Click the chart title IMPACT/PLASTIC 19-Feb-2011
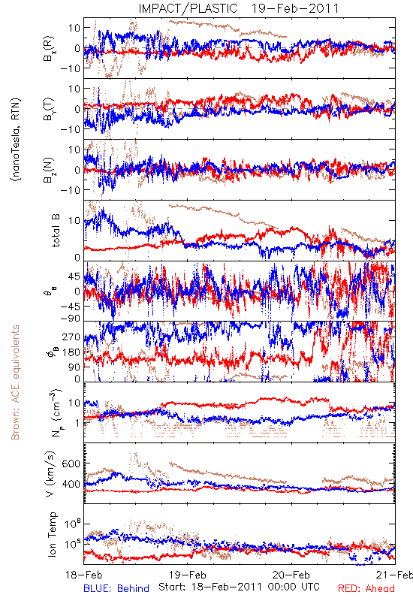pos(239,8)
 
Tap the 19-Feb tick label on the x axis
pos(188,575)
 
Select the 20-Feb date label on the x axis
pos(291,575)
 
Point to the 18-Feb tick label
pos(84,575)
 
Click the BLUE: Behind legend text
pos(116,588)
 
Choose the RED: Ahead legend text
pos(366,588)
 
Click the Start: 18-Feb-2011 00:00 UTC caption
pos(239,587)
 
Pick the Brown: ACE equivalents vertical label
pos(15,382)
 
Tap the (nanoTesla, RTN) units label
pos(16,140)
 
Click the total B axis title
pos(56,230)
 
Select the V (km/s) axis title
pos(50,474)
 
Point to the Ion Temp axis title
pos(52,534)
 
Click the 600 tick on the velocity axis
pos(71,464)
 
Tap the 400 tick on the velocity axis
pos(71,484)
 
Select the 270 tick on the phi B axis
pos(71,337)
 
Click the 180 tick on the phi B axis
pos(71,352)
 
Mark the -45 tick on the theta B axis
pos(69,307)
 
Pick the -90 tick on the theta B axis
pos(69,318)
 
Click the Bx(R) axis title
pos(49,49)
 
